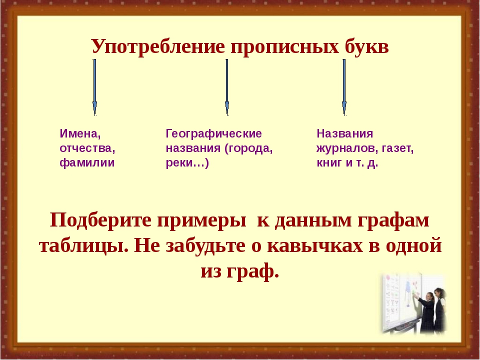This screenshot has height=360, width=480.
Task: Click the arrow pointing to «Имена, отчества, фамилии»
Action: coord(94,87)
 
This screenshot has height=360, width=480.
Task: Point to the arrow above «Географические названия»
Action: coord(227,87)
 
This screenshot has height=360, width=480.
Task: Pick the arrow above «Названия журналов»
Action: coord(344,87)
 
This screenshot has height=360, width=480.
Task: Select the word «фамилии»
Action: coord(87,162)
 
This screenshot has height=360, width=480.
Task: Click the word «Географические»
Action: coord(213,134)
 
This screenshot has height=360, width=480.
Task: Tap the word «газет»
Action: coord(396,148)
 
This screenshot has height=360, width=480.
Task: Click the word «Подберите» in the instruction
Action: coord(100,220)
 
